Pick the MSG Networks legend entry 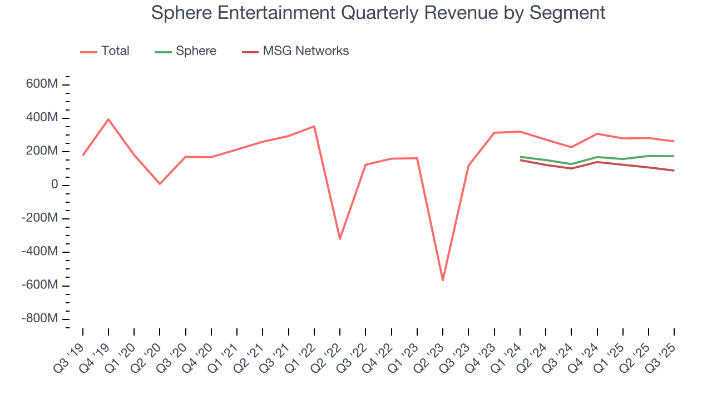[x=295, y=51]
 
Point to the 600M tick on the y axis [x=42, y=84]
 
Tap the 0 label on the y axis [x=55, y=184]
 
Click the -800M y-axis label [x=39, y=318]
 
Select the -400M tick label [x=39, y=252]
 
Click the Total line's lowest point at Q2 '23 [x=443, y=280]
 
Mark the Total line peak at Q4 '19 [x=108, y=119]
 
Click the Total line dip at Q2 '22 [x=340, y=239]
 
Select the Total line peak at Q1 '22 [x=314, y=126]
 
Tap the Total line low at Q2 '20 [x=160, y=184]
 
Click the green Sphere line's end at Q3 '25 [x=674, y=156]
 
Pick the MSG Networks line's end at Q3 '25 [x=674, y=171]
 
